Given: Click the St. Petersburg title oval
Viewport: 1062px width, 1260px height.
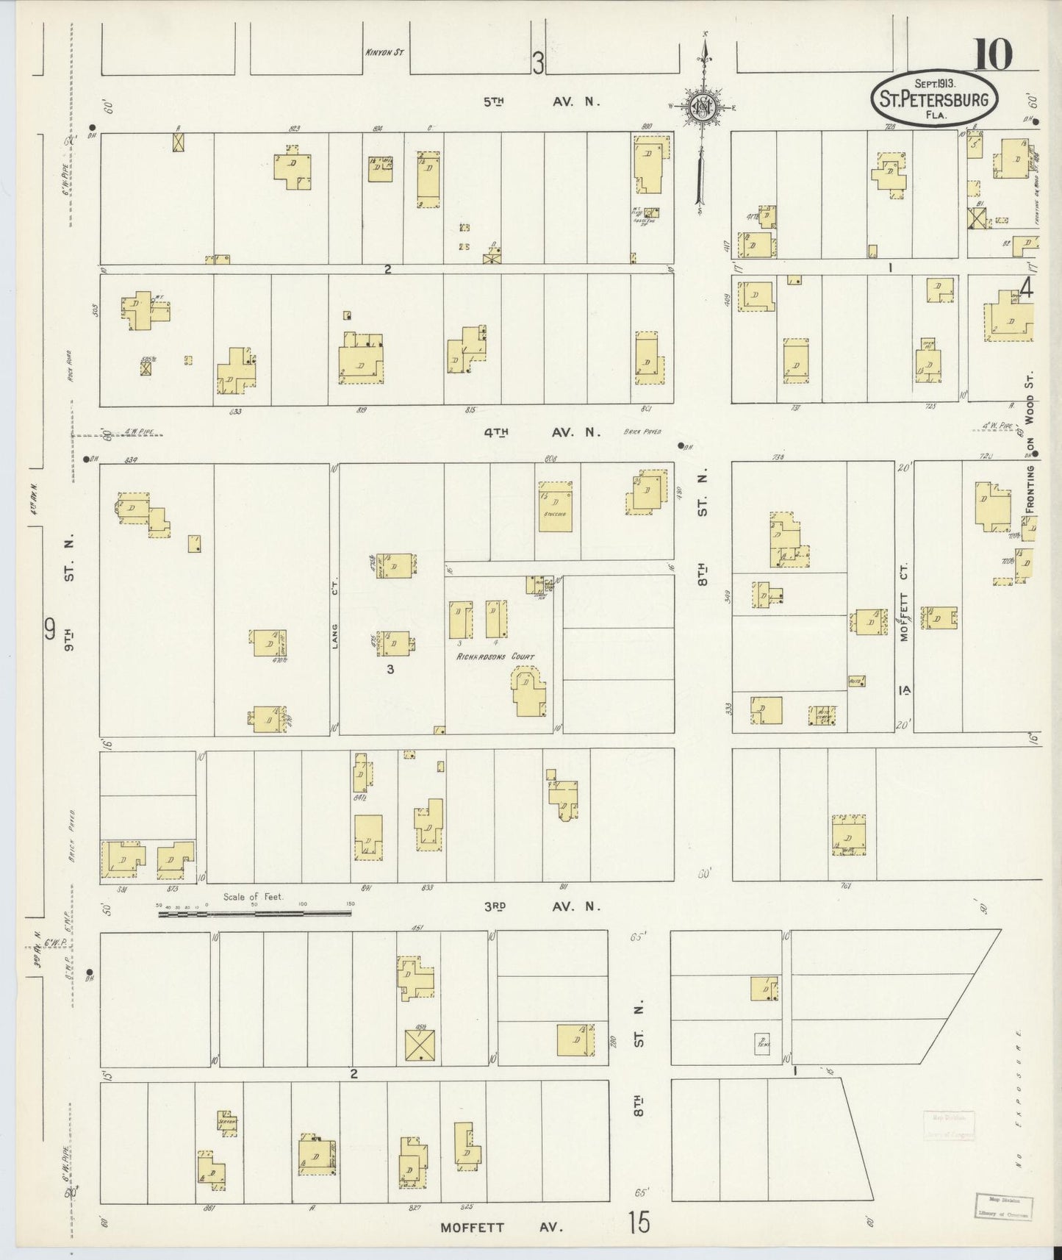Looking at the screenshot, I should (934, 98).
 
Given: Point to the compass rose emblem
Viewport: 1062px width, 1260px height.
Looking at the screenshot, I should (703, 108).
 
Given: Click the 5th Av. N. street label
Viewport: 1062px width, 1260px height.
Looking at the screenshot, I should (541, 102).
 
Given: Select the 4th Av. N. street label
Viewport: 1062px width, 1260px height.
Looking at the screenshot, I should (542, 433).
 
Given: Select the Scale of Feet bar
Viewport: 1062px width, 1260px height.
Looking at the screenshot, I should (254, 914).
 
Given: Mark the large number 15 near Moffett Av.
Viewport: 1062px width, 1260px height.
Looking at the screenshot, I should (639, 1223).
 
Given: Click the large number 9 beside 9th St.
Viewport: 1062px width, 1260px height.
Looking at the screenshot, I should (50, 629).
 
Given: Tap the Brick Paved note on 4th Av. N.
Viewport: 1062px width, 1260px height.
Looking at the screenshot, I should (642, 432).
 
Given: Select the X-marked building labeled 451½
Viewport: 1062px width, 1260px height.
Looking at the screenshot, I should (420, 1045).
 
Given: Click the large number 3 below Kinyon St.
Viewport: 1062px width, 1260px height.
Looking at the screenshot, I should (538, 64).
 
